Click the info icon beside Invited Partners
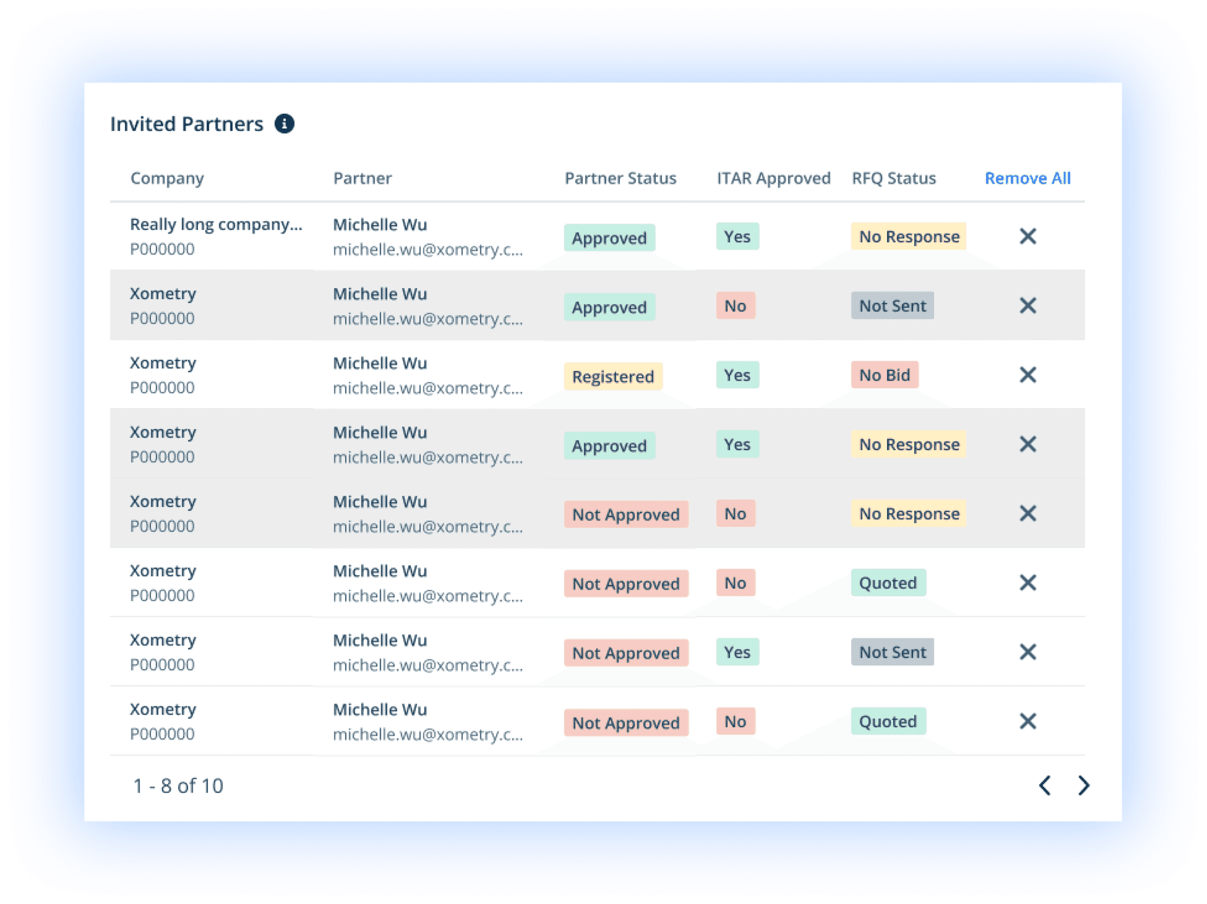[x=284, y=124]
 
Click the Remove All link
[x=1027, y=178]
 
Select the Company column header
[x=167, y=179]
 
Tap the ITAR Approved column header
[x=773, y=178]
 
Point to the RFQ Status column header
[x=893, y=178]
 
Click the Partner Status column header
[x=620, y=178]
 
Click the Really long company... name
[x=216, y=225]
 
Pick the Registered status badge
[x=613, y=376]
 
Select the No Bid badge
[x=884, y=375]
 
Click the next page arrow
[x=1083, y=785]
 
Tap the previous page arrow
[x=1045, y=785]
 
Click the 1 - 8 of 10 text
[x=178, y=786]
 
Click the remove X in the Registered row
[x=1028, y=375]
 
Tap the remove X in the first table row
[x=1028, y=236]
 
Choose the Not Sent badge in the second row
[x=892, y=306]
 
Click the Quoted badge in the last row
[x=888, y=721]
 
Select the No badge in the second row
[x=736, y=306]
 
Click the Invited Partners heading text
[x=186, y=124]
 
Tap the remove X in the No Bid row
[x=1028, y=375]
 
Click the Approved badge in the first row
[x=609, y=237]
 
